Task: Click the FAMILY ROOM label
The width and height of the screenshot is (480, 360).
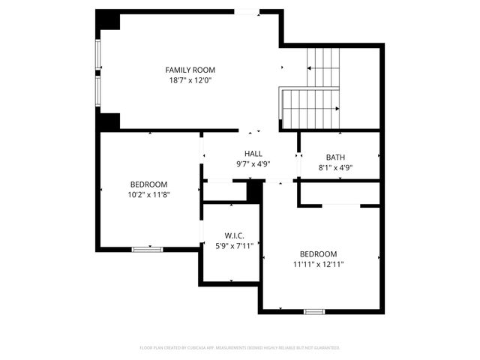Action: coord(190,70)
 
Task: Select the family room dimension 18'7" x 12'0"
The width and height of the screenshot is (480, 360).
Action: coord(190,80)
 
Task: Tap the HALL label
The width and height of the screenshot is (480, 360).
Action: coord(253,153)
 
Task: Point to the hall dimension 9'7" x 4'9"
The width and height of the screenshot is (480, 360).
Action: coord(253,163)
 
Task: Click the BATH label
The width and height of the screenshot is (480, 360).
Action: coord(335,157)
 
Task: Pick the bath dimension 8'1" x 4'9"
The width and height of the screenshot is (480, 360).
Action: coord(335,168)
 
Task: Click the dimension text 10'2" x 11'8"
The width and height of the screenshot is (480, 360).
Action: coord(148,194)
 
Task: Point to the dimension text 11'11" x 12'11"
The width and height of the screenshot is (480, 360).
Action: coord(319,264)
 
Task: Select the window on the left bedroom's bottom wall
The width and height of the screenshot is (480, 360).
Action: coord(147,249)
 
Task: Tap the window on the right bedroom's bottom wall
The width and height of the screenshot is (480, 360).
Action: coord(314,311)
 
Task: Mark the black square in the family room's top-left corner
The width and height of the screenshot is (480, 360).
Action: coord(109,20)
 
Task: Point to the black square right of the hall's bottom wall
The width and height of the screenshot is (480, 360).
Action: coord(255,191)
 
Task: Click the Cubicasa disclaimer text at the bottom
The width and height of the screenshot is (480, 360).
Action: coord(240,348)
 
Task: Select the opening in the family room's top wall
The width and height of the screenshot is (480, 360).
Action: coord(247,11)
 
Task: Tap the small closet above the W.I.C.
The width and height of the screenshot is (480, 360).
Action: coord(225,191)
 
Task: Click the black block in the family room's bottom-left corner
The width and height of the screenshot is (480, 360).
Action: coord(109,121)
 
